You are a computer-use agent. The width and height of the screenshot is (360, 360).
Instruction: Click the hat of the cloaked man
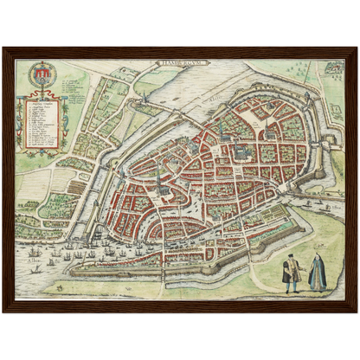(x=292, y=257)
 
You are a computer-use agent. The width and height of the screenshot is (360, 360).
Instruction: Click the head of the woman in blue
(x=318, y=259)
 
